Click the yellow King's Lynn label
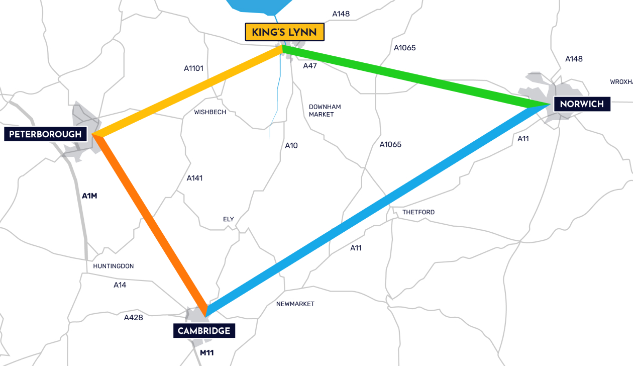pos(284,32)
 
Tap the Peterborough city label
pos(45,134)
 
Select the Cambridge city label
pos(204,330)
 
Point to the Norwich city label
pos(582,104)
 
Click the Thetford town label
pos(418,212)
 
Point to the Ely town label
pos(229,219)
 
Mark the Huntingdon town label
pos(114,266)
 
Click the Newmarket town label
pos(295,304)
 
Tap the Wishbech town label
pos(210,112)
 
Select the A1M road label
pos(89,196)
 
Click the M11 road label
pos(207,352)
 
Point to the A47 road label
pos(310,66)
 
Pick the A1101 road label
pos(193,68)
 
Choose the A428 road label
pos(134,317)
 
